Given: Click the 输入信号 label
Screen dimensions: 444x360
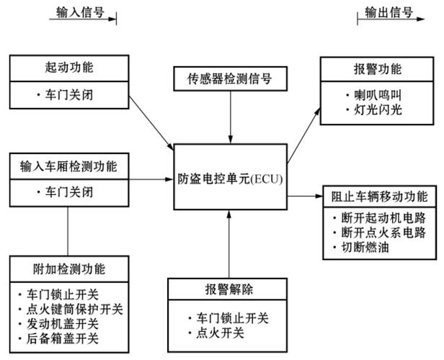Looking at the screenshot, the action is point(80,12).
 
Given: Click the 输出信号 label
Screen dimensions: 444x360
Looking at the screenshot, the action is point(388,12).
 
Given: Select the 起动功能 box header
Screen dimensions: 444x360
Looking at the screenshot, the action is point(69,68).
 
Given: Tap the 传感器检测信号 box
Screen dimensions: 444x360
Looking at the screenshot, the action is point(230,78).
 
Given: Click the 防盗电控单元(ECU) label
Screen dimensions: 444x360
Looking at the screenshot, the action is point(230,179).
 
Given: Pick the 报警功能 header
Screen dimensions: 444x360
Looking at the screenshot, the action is point(377,69).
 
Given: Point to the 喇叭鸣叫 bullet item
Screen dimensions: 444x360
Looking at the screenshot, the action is point(374,96).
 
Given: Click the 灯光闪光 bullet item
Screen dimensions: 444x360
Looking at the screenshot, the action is point(374,110).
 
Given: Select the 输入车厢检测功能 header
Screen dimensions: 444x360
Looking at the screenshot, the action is point(69,166).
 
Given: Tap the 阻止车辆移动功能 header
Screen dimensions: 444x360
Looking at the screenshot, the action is point(379,197).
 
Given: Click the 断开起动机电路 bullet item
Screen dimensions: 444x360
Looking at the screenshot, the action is point(379,218).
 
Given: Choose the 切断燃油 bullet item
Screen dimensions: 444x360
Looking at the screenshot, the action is point(361,248).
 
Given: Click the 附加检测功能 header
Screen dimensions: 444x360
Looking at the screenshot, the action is point(69,269).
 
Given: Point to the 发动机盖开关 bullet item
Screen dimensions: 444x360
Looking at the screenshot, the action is point(58,324).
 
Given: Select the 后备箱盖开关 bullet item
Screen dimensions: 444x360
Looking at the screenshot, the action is point(58,339).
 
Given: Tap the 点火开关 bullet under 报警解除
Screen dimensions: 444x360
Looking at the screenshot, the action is point(216,333).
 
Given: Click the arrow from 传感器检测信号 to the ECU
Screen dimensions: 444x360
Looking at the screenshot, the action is point(231,117).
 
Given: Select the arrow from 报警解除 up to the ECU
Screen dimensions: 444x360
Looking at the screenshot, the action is point(229,244).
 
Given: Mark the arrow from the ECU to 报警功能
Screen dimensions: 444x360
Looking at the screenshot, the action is point(304,135).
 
